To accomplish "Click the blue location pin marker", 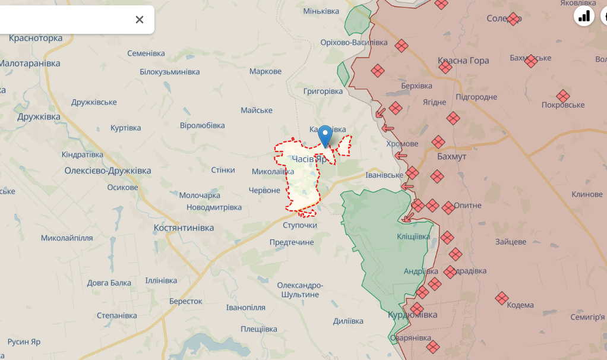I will (325, 136).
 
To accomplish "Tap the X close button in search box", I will (140, 20).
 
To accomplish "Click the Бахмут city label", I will (451, 157).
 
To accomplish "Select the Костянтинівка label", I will (184, 228).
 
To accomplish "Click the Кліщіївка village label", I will (413, 236).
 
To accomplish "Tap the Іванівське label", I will (384, 175).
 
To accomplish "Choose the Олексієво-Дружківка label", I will (108, 170).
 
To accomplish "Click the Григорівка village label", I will (323, 91).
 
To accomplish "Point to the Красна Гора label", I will (463, 61).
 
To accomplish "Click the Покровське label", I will (563, 105).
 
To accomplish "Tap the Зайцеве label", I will (511, 242).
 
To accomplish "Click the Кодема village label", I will (520, 305).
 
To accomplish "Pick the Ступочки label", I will (300, 225).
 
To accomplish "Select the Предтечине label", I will (292, 242).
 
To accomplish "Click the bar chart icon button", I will (584, 16).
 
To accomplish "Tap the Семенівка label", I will (146, 53).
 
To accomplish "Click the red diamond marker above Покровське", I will (563, 96).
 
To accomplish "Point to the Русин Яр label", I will (24, 342).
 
